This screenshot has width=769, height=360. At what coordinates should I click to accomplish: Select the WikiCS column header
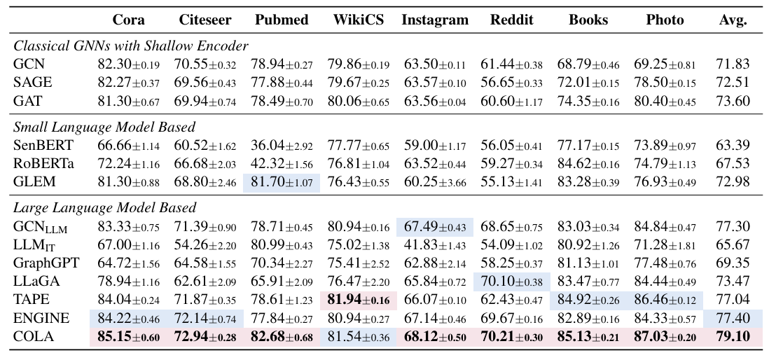pyautogui.click(x=358, y=20)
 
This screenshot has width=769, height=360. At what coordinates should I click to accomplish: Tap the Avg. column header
pyautogui.click(x=733, y=20)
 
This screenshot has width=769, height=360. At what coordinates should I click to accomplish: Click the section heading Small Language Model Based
pyautogui.click(x=104, y=127)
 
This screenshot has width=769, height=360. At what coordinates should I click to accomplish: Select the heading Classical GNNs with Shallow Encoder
pyautogui.click(x=131, y=46)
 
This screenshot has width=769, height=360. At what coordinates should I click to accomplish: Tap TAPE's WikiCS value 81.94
pyautogui.click(x=359, y=300)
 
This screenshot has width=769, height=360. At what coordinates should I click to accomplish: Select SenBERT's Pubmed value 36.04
pyautogui.click(x=281, y=146)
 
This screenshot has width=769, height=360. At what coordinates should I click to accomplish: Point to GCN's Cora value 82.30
pyautogui.click(x=128, y=65)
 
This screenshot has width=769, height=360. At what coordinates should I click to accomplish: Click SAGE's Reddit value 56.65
pyautogui.click(x=511, y=83)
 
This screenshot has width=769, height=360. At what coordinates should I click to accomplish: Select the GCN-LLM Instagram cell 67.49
pyautogui.click(x=435, y=227)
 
